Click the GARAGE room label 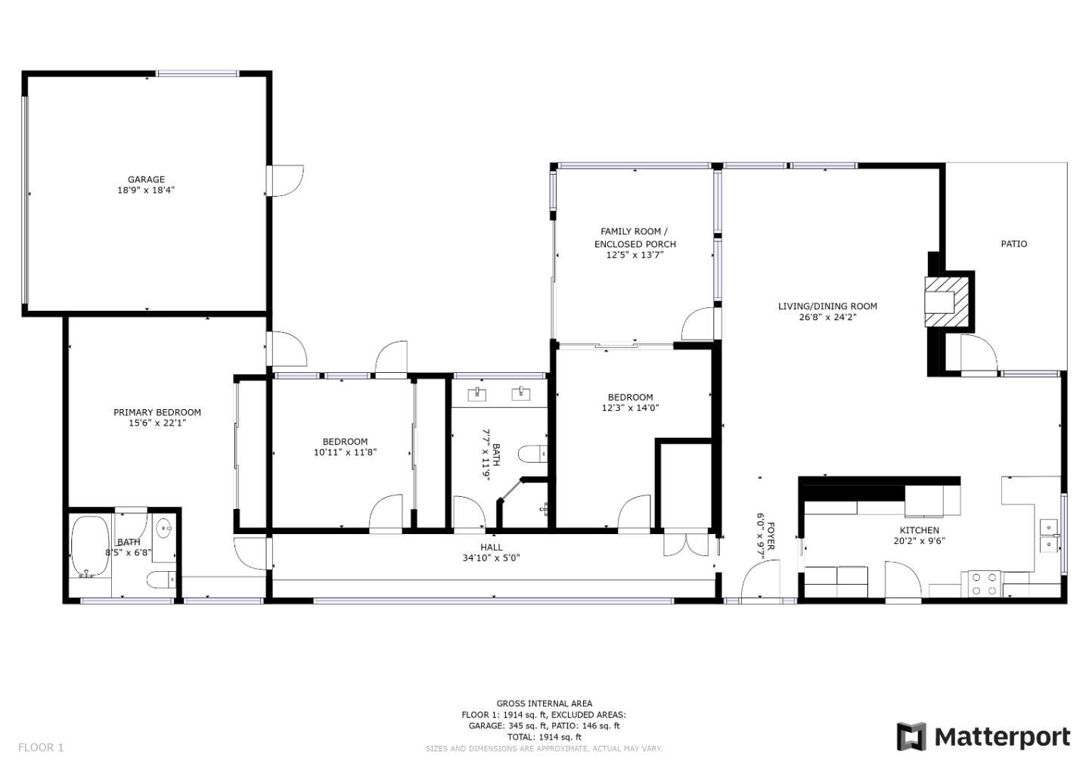click(146, 179)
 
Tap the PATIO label click(1013, 244)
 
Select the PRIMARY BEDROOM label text click(157, 412)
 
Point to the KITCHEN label click(919, 530)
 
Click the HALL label click(491, 547)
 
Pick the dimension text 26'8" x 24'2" click(827, 317)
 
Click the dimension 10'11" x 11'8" click(345, 452)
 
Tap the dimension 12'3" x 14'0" click(630, 408)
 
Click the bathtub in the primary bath click(91, 546)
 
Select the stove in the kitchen click(985, 583)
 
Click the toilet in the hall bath click(532, 454)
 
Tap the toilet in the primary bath click(161, 579)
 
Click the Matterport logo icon click(911, 737)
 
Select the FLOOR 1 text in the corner click(41, 747)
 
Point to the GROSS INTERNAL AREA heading click(544, 703)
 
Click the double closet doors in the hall click(686, 545)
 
